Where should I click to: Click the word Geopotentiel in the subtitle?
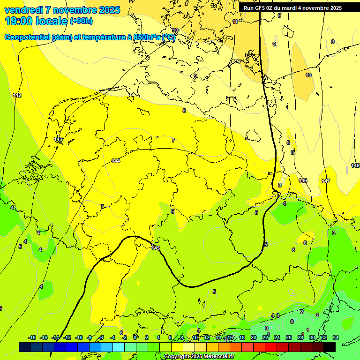tap(27, 37)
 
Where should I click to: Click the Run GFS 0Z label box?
tap(292, 8)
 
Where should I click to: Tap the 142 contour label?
tap(17, 95)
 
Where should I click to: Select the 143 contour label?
tap(58, 139)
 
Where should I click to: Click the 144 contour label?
tap(116, 161)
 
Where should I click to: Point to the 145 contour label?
tap(156, 248)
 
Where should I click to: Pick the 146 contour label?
tap(303, 180)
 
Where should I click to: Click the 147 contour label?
tap(326, 181)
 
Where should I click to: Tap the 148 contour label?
tap(355, 165)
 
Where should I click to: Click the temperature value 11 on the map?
tap(235, 22)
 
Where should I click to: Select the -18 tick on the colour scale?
tap(32, 337)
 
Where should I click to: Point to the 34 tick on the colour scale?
tap(335, 337)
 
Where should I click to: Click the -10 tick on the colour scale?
tap(79, 337)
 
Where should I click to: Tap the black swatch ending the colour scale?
tap(330, 347)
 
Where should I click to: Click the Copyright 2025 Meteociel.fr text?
tap(199, 356)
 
